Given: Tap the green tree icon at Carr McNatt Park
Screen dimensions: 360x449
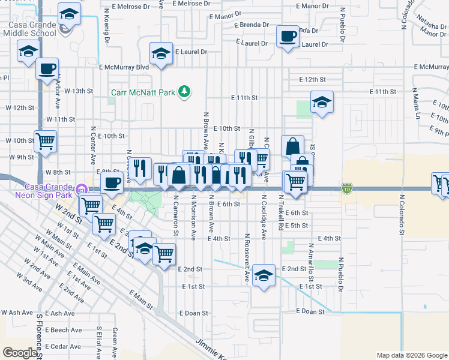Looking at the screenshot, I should pos(186,91).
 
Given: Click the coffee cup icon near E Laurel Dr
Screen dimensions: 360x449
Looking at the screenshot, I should pos(288,37).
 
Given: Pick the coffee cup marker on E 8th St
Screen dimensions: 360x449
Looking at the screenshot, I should pos(112,182).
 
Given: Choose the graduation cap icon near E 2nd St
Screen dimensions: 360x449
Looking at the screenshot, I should pos(264,275).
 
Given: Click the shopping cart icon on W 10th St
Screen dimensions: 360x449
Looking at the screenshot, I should pos(45,142).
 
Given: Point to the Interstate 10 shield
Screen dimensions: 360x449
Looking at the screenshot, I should pos(348,188).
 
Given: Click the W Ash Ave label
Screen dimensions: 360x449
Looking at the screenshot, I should pos(16,313).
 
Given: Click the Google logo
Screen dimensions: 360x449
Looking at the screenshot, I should pos(20,353).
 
